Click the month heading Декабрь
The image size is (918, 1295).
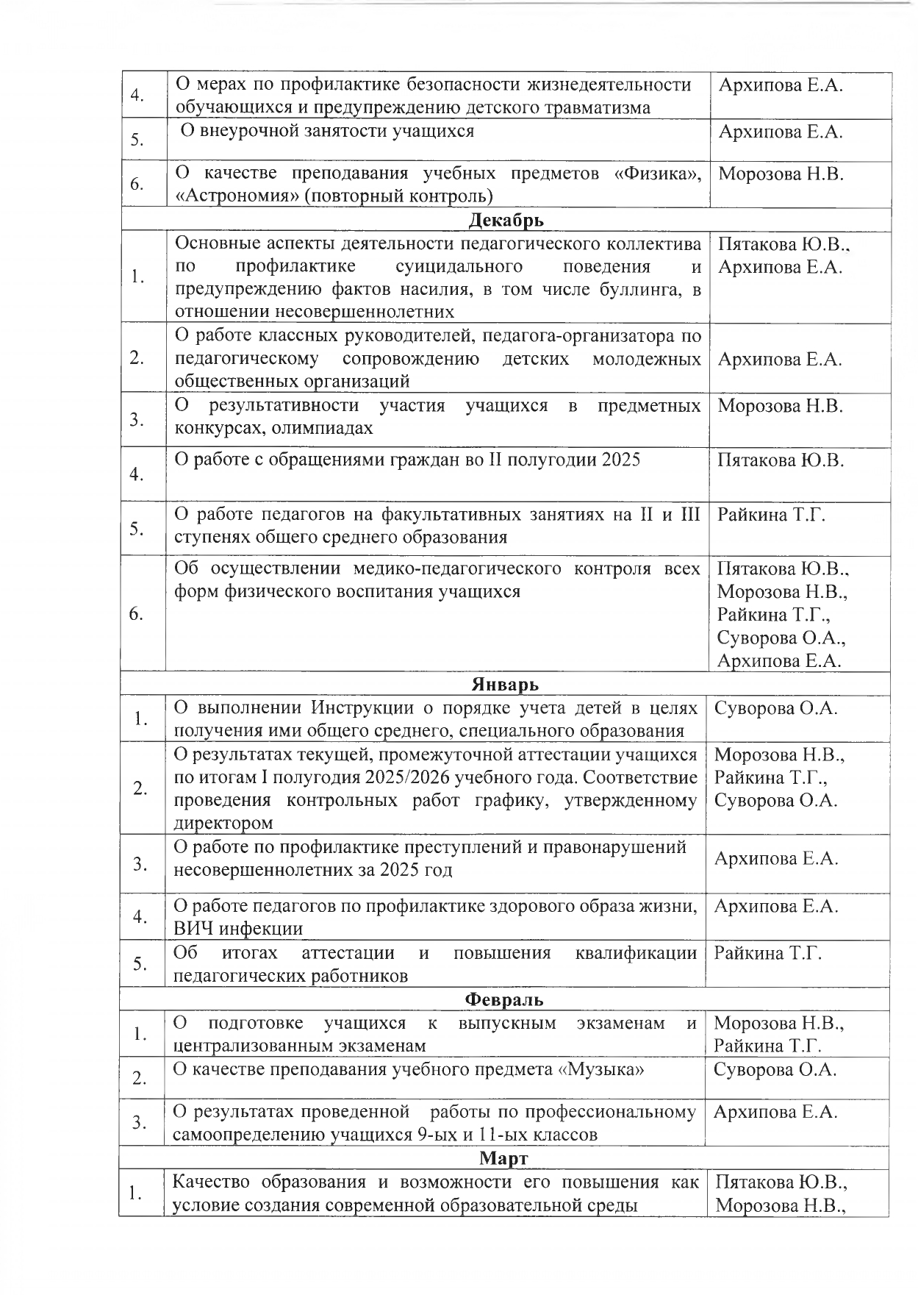point(506,220)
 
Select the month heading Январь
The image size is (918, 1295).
point(505,685)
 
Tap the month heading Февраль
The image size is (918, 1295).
point(504,999)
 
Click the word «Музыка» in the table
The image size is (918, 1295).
point(601,1069)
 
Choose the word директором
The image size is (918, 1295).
point(223,823)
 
